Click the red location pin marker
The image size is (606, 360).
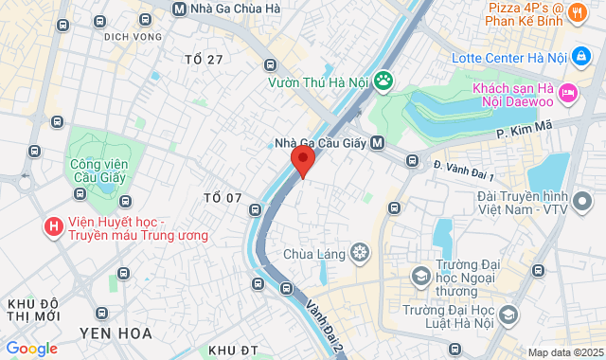click(x=302, y=161)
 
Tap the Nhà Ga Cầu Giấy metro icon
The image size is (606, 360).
click(x=378, y=143)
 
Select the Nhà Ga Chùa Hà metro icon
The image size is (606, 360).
click(x=180, y=9)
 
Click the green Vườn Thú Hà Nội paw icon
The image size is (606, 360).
click(x=383, y=81)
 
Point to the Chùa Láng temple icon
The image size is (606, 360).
click(x=359, y=252)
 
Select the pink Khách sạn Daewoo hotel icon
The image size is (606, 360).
click(x=568, y=92)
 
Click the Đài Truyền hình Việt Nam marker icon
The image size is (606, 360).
click(x=584, y=201)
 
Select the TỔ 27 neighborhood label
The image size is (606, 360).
click(x=204, y=60)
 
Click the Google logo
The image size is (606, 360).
click(x=31, y=348)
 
